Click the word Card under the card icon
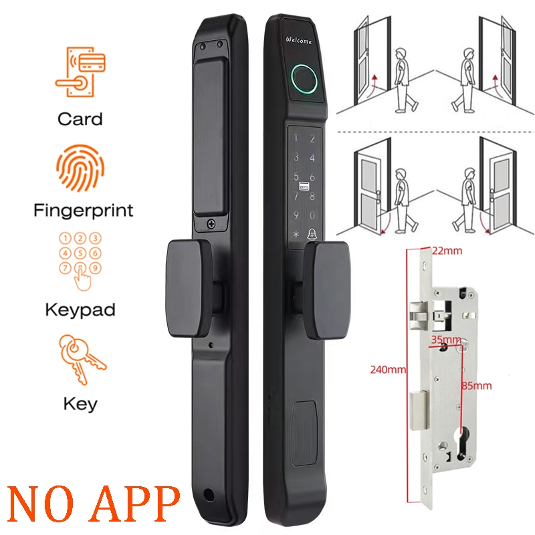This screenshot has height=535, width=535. tap(80, 119)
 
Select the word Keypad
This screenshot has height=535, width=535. tap(80, 310)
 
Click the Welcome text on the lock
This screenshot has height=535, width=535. tap(299, 41)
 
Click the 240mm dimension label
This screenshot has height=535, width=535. tap(384, 368)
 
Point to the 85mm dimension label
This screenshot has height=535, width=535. tap(477, 385)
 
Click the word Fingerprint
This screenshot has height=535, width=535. tap(84, 211)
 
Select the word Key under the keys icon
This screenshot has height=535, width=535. tap(80, 404)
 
